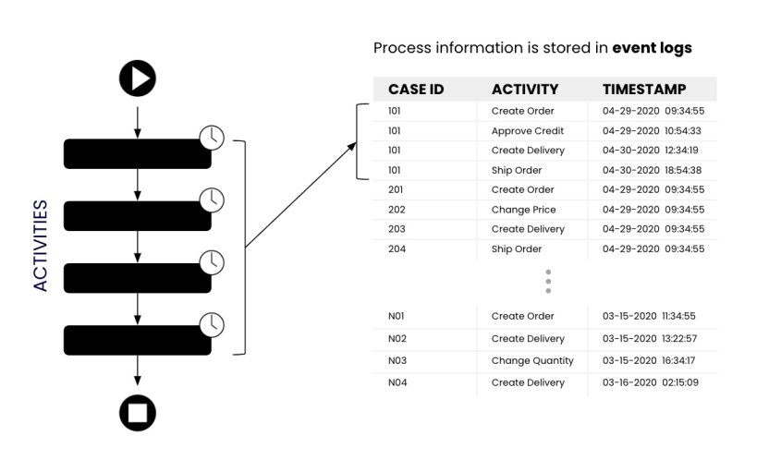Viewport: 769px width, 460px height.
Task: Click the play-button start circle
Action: pyautogui.click(x=138, y=79)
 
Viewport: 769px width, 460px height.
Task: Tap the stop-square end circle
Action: pyautogui.click(x=138, y=412)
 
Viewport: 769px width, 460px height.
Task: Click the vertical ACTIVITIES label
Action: pyautogui.click(x=41, y=245)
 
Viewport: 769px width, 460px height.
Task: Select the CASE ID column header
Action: pyautogui.click(x=416, y=90)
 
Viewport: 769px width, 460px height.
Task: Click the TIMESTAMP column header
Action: pyautogui.click(x=644, y=90)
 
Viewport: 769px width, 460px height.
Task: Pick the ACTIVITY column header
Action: pyautogui.click(x=525, y=90)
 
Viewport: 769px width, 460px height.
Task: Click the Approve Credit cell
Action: pyautogui.click(x=527, y=131)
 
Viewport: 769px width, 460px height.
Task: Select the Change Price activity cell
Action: pyautogui.click(x=523, y=210)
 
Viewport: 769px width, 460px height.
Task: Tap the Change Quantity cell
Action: pyautogui.click(x=532, y=361)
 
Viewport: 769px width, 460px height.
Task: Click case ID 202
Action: pyautogui.click(x=397, y=210)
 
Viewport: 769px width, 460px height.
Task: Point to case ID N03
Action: pyautogui.click(x=397, y=361)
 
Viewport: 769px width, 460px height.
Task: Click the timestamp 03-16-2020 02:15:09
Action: pyautogui.click(x=650, y=382)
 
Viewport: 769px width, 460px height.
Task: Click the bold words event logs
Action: pyautogui.click(x=652, y=48)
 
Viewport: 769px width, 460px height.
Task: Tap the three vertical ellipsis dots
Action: pyautogui.click(x=548, y=282)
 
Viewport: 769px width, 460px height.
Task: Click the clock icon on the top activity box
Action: pyautogui.click(x=212, y=138)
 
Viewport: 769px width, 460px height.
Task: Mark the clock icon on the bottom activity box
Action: pyautogui.click(x=212, y=324)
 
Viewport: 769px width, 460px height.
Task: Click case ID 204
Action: pyautogui.click(x=397, y=248)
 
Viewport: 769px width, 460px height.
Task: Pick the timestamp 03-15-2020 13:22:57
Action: pyautogui.click(x=650, y=339)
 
